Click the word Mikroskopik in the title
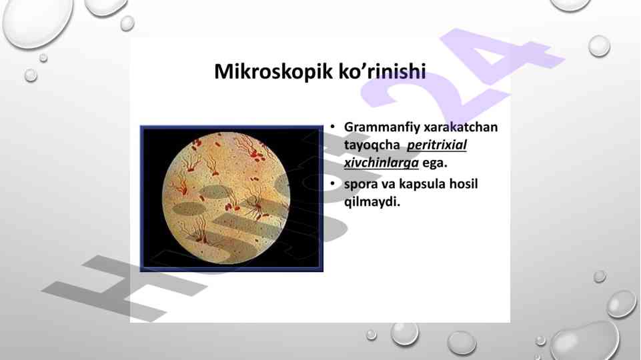pos(273,71)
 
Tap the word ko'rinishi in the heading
pos(382,71)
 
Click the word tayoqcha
pos(372,145)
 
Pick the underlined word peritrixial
pos(437,145)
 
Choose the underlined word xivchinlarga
pos(382,163)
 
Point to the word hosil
pos(464,183)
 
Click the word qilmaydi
pos(372,202)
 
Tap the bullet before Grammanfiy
pos(333,127)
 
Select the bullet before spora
pos(333,184)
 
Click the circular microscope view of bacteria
pos(226,198)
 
